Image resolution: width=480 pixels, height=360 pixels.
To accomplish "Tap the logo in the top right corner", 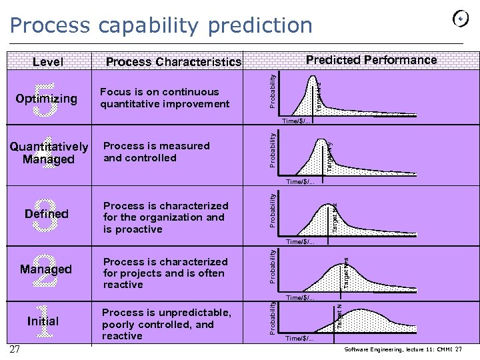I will coord(459,20).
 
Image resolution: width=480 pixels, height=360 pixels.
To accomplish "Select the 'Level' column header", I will coord(48,62).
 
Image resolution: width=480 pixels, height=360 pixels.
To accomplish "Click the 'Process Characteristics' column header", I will coord(173,62).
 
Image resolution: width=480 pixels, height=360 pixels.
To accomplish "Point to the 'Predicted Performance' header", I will coord(371,60).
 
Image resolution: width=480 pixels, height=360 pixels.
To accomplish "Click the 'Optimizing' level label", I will coord(46,99).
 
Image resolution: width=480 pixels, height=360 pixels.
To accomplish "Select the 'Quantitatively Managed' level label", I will coord(49,153).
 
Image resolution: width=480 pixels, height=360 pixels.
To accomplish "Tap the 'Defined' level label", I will coord(46,214).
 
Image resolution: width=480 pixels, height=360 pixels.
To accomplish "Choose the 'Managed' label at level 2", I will coord(46,269).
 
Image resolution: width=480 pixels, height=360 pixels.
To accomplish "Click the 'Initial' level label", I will coord(43,321).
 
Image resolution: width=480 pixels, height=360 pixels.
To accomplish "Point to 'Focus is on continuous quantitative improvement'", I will coord(165,98).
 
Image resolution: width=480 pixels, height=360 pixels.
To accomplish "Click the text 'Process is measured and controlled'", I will coord(156,152).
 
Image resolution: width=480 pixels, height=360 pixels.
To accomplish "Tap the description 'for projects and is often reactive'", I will coord(165,273).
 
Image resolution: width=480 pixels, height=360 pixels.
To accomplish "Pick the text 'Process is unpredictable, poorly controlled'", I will coord(167,324).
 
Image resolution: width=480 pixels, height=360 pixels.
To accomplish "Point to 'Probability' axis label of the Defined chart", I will coord(273,209).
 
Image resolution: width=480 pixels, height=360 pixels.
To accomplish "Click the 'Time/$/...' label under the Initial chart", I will coord(299,339).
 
